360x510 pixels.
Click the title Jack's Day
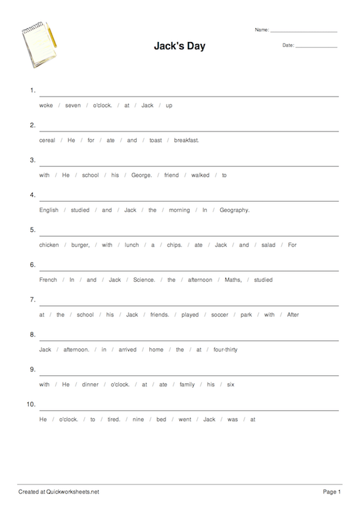click(179, 47)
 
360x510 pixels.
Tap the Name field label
click(261, 30)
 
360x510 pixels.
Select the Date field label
click(288, 45)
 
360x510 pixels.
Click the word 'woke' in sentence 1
click(46, 105)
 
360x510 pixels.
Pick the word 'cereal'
click(47, 140)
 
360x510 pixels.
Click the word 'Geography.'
click(235, 210)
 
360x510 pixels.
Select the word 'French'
click(48, 280)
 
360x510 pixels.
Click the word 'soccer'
click(219, 315)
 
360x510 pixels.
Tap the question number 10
click(31, 404)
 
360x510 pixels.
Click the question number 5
click(32, 230)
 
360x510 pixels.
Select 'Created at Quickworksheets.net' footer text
click(58, 492)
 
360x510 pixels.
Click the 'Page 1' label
click(332, 492)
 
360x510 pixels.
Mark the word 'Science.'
click(144, 280)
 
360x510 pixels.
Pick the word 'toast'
click(155, 140)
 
